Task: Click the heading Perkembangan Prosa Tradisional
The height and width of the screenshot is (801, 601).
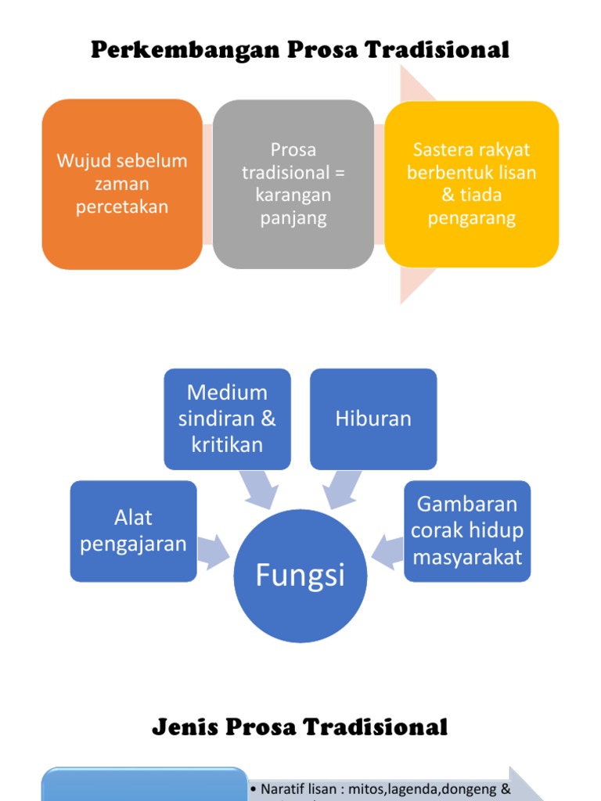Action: click(x=300, y=50)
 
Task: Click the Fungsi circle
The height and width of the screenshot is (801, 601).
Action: click(x=300, y=577)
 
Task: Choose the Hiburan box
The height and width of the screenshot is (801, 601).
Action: click(x=373, y=418)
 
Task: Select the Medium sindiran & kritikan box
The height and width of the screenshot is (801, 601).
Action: click(x=227, y=418)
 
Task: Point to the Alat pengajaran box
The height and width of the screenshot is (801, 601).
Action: click(x=133, y=531)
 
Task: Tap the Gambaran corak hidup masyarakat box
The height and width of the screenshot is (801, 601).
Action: click(x=467, y=531)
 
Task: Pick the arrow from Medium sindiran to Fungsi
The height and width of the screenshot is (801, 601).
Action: click(x=261, y=490)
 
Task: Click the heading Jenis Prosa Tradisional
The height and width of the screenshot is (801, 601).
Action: click(x=300, y=727)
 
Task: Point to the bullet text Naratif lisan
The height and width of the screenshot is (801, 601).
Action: click(x=383, y=789)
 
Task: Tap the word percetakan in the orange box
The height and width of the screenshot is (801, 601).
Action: click(x=121, y=207)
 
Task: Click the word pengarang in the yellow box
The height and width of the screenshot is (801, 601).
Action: click(x=472, y=217)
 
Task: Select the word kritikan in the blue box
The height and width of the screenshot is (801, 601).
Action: click(x=227, y=444)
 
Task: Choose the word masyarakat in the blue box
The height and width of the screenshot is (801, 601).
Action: click(x=467, y=557)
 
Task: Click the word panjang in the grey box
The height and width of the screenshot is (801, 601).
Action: click(x=293, y=217)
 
